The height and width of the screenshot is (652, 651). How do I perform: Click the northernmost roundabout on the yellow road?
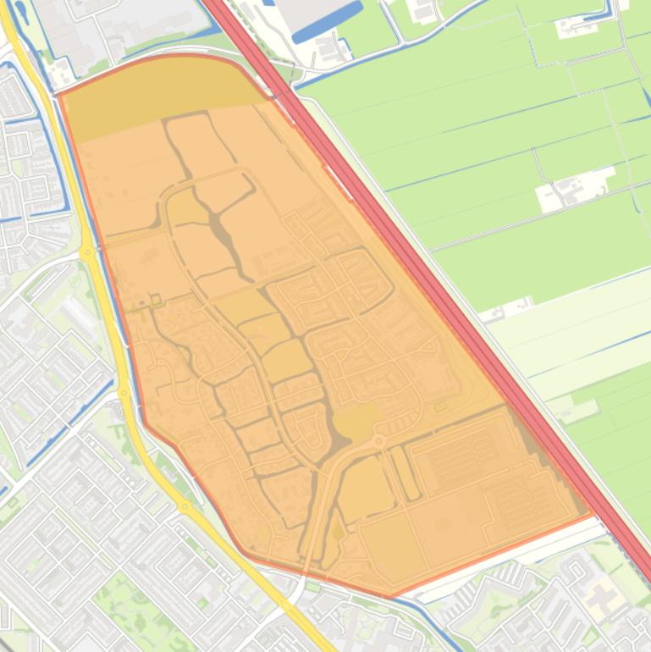[87, 252]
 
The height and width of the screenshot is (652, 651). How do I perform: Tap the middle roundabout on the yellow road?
[124, 392]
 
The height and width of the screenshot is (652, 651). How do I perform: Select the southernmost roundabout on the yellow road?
[185, 507]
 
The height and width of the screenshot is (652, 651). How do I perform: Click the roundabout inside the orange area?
[378, 441]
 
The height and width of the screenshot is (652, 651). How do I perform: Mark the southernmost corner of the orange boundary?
[392, 596]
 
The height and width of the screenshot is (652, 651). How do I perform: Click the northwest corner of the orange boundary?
[60, 95]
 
